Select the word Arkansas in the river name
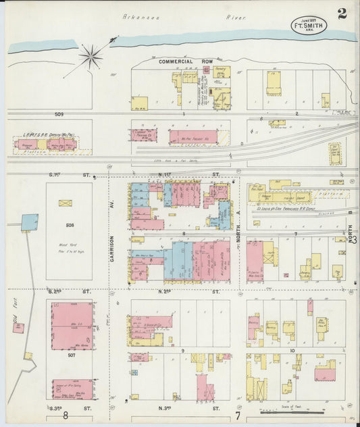click(138, 14)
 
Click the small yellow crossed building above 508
click(66, 202)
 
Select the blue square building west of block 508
click(30, 222)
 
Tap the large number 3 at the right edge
click(353, 239)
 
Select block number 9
click(182, 351)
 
